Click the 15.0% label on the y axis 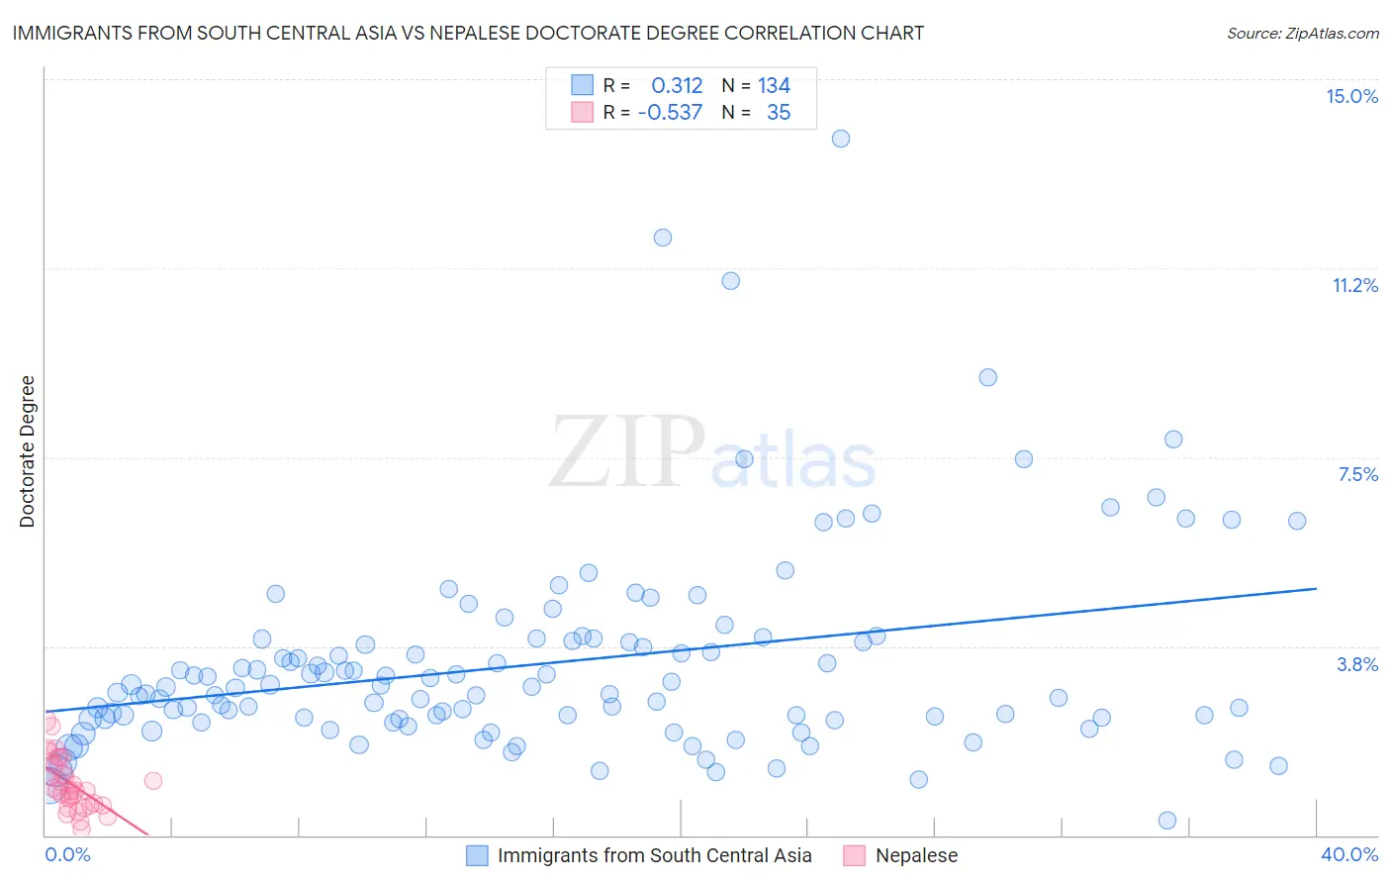pyautogui.click(x=1351, y=96)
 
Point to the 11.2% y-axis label pyautogui.click(x=1354, y=285)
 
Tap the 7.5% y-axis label pyautogui.click(x=1357, y=474)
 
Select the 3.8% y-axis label pyautogui.click(x=1357, y=664)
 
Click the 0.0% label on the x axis pyautogui.click(x=67, y=854)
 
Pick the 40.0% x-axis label pyautogui.click(x=1348, y=854)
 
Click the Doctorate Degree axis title pyautogui.click(x=27, y=451)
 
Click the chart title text pyautogui.click(x=468, y=33)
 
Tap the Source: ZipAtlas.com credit pyautogui.click(x=1302, y=33)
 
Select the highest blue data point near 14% pyautogui.click(x=841, y=139)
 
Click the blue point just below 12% pyautogui.click(x=663, y=238)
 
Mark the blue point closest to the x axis pyautogui.click(x=1167, y=821)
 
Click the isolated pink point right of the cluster pyautogui.click(x=153, y=780)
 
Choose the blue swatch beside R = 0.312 pyautogui.click(x=582, y=85)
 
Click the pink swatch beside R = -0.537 pyautogui.click(x=582, y=112)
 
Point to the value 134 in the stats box pyautogui.click(x=774, y=85)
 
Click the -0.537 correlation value pyautogui.click(x=670, y=112)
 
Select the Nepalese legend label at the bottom pyautogui.click(x=916, y=855)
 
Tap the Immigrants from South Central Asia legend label pyautogui.click(x=654, y=855)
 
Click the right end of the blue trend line pyautogui.click(x=1316, y=588)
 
